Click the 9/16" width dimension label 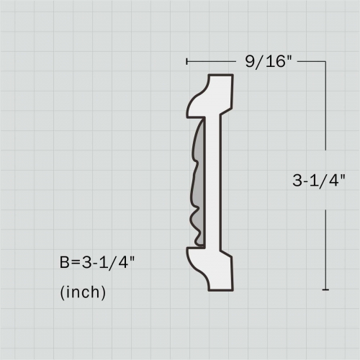[x=267, y=63]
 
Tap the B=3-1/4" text [x=97, y=262]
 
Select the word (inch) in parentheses [x=83, y=292]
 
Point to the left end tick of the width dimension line [x=186, y=62]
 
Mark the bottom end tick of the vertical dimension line [x=326, y=290]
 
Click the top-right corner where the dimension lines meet [x=326, y=62]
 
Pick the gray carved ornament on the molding [x=196, y=180]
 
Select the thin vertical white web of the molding [x=213, y=180]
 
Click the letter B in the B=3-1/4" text [x=64, y=262]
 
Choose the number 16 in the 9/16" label [x=276, y=63]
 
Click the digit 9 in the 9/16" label [x=249, y=63]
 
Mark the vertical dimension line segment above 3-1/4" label [x=326, y=115]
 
